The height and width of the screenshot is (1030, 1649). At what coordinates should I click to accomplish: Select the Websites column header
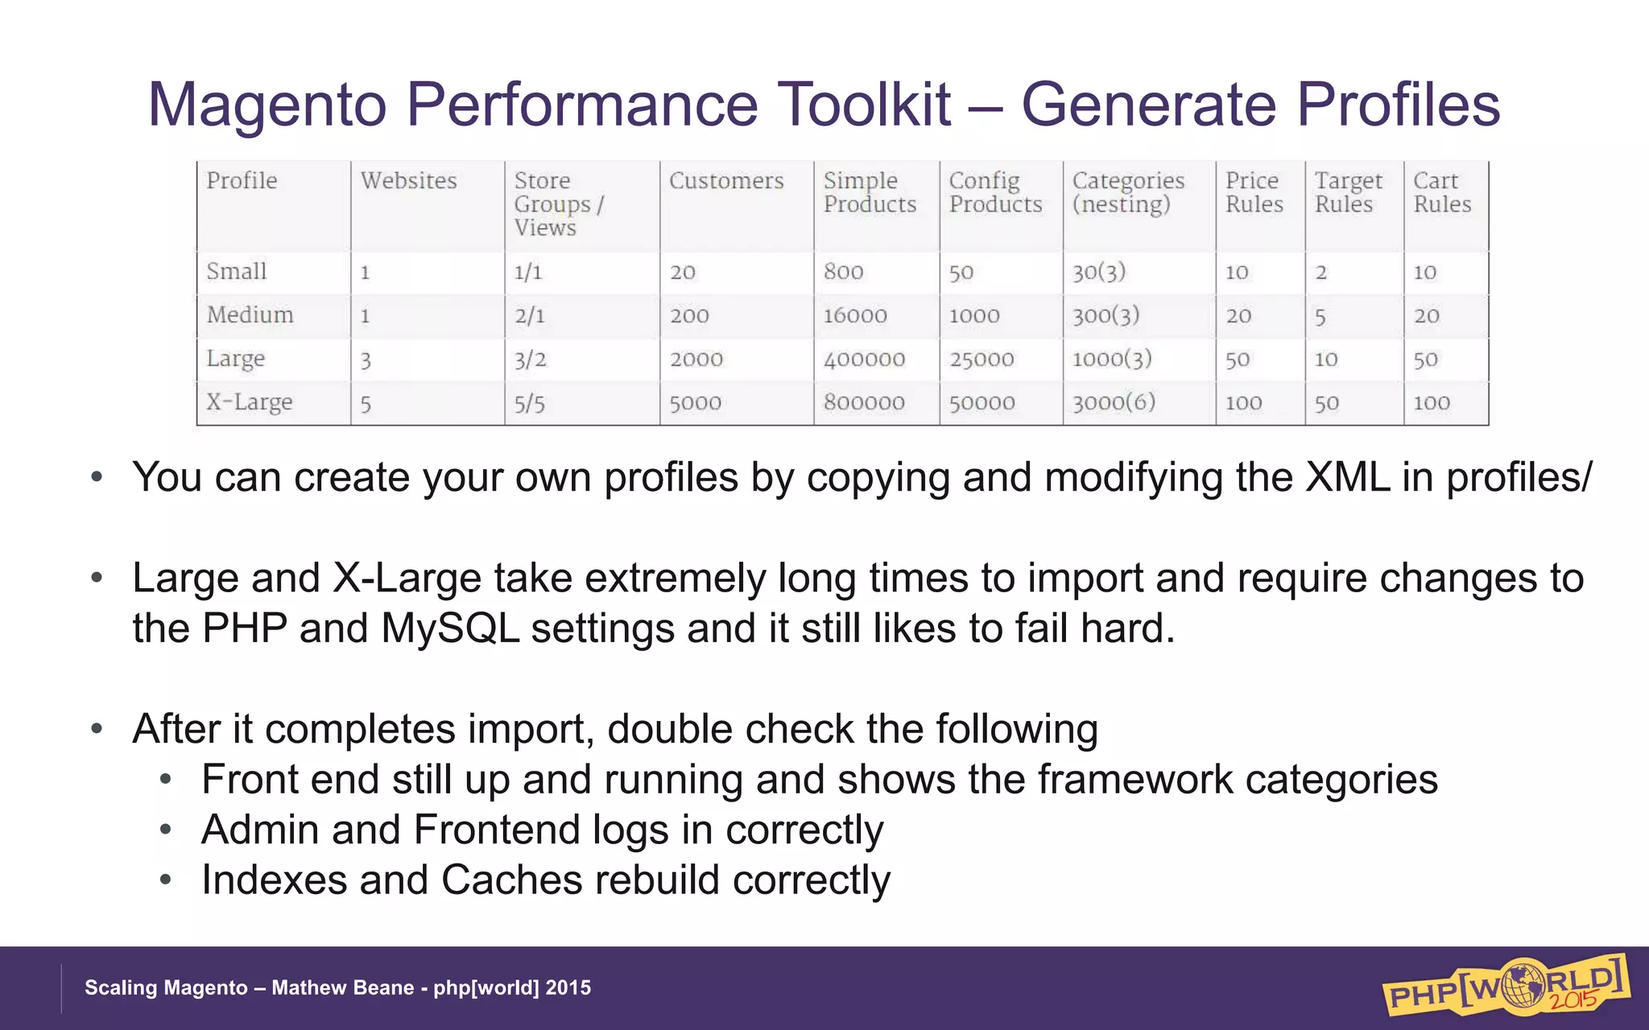tap(408, 181)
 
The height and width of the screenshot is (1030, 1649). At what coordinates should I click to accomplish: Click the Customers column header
tap(725, 181)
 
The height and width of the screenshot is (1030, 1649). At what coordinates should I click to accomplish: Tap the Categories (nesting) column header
tap(1127, 192)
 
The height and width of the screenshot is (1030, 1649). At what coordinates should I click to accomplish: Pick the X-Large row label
tap(249, 402)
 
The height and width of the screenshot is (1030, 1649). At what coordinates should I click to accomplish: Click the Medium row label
tap(250, 315)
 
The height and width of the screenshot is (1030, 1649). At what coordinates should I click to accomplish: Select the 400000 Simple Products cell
tap(864, 360)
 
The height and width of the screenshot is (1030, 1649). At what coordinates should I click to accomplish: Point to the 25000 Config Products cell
tap(981, 360)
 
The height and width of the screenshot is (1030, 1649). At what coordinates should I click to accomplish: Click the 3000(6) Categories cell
tap(1114, 402)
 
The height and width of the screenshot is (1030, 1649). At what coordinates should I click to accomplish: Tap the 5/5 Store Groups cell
tap(529, 403)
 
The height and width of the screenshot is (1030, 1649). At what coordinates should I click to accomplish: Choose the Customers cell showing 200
tap(689, 316)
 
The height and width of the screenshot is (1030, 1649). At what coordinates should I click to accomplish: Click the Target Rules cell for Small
tap(1320, 273)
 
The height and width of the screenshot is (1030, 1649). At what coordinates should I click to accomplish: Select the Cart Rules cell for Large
tap(1425, 360)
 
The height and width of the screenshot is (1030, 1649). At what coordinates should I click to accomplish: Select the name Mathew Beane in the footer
tap(342, 987)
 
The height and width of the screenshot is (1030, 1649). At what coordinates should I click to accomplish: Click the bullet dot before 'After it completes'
tap(97, 729)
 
